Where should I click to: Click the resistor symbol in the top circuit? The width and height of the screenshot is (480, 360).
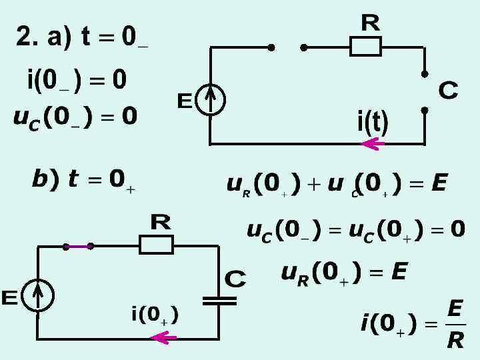(x=365, y=47)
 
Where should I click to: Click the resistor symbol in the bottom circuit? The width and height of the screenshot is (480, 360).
(x=156, y=245)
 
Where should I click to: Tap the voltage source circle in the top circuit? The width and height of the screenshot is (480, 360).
(x=211, y=101)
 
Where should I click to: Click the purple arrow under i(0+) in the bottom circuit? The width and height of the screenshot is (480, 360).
(x=163, y=338)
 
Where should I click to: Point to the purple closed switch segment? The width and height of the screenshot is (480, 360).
(x=78, y=246)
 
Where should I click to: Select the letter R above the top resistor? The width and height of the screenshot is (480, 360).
(x=371, y=23)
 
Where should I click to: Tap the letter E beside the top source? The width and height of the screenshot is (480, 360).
(x=185, y=101)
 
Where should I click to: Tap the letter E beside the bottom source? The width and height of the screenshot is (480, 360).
(x=9, y=297)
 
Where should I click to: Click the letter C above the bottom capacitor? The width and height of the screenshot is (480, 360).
(x=235, y=278)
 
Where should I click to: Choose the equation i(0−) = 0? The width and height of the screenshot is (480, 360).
(x=76, y=81)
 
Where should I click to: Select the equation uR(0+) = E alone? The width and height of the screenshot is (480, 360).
(x=344, y=272)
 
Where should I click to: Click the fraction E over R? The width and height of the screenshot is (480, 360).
(x=455, y=325)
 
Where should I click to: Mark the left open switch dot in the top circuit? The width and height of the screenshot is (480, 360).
(x=271, y=47)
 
